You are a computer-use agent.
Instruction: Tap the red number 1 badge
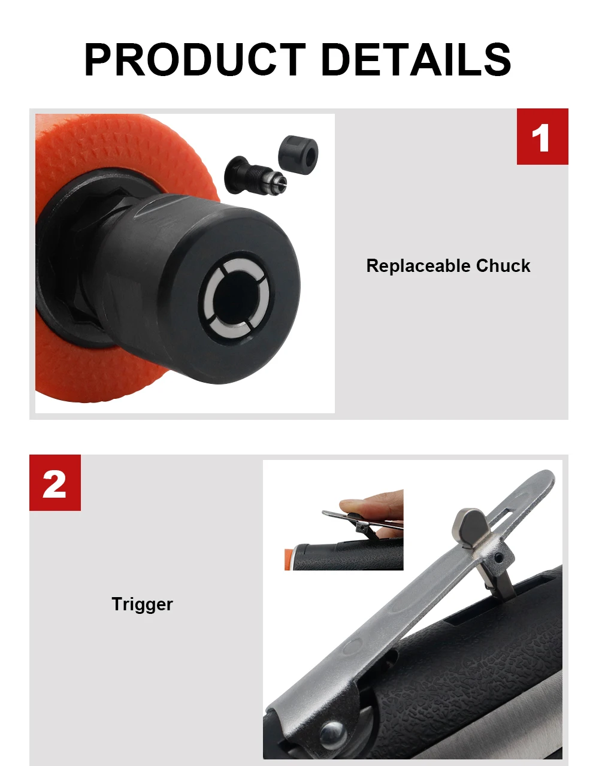(x=542, y=137)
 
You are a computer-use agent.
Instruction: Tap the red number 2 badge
(x=55, y=483)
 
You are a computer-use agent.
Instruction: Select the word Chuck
(x=503, y=266)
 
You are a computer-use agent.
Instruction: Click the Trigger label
(x=142, y=604)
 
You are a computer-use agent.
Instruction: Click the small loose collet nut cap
(x=298, y=153)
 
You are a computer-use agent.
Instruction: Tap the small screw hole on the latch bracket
(x=497, y=558)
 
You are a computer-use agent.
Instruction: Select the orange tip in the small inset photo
(x=289, y=559)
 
